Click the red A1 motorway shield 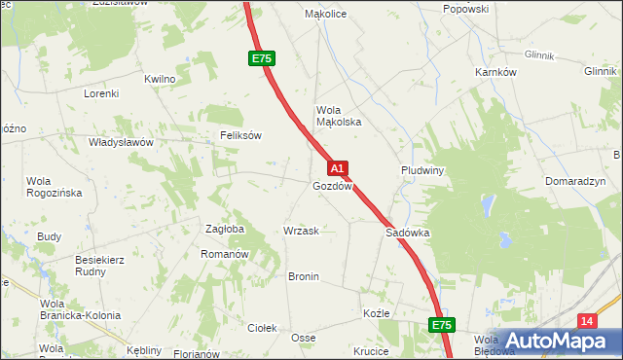(x=337, y=168)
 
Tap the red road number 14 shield (x=586, y=321)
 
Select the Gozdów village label (x=332, y=185)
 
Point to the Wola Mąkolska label (x=338, y=116)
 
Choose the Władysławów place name (x=121, y=142)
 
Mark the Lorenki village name (x=100, y=93)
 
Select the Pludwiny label (x=422, y=169)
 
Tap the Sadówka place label (x=408, y=234)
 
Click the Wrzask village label (x=301, y=231)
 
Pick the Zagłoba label (x=224, y=229)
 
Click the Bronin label (x=304, y=276)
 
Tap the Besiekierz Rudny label (x=103, y=266)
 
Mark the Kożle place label (x=376, y=314)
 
